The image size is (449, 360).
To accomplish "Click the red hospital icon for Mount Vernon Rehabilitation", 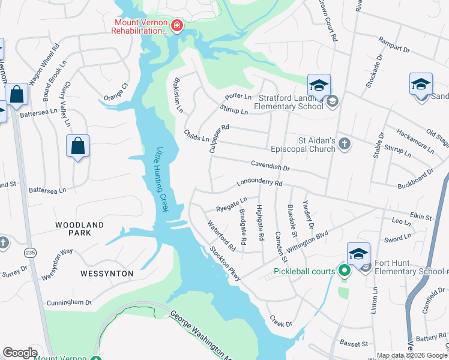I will point(177,25).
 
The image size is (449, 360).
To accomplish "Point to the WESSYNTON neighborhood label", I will point(107,273).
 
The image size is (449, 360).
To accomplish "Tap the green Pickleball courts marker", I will point(344,271).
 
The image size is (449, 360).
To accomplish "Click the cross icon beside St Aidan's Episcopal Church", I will point(344,143).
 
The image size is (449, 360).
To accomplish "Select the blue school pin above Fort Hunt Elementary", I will point(358,254).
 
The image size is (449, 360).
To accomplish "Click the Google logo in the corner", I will point(20,353).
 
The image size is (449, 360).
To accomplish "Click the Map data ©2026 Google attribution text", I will point(412,355).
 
